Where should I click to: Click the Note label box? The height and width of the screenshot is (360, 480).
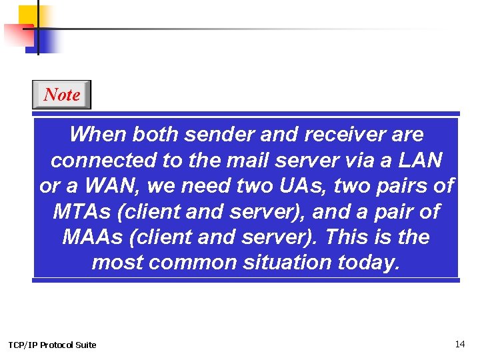click(61, 95)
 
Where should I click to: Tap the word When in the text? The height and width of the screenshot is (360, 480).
click(97, 135)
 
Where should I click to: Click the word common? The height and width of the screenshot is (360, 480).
click(193, 263)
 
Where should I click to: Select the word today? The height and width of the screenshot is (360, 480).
click(369, 263)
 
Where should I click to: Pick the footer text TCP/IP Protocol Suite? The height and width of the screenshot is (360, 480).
click(52, 345)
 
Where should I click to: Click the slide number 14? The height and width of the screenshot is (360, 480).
click(459, 344)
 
